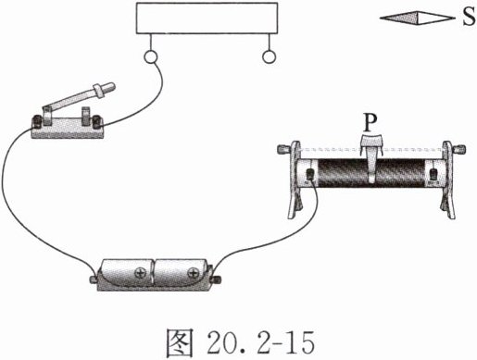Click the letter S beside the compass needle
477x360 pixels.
(x=469, y=17)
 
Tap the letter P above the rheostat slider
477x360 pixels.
(x=370, y=123)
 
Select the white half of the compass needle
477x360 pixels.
(x=433, y=19)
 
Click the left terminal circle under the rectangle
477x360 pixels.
(x=150, y=56)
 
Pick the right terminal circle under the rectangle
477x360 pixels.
(x=270, y=56)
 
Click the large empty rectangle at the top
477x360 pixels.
(x=207, y=18)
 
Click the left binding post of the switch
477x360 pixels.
(x=38, y=121)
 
